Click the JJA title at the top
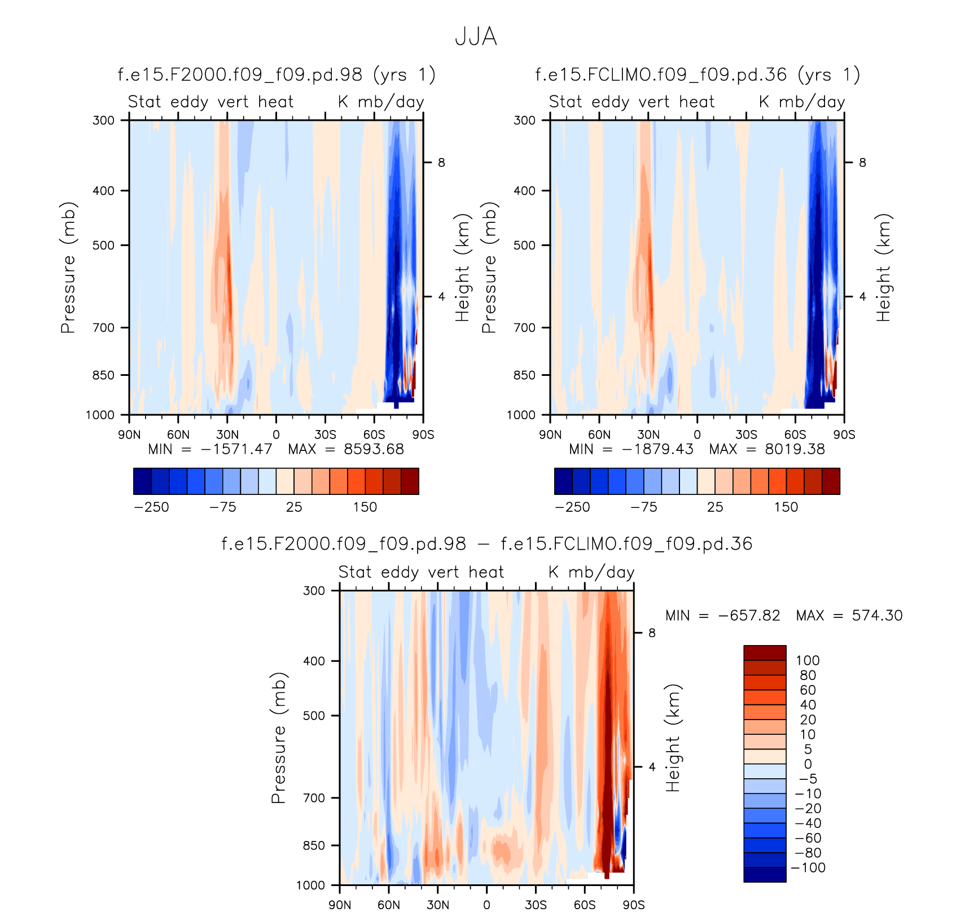click(476, 37)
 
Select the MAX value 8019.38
click(795, 449)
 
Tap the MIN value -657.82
click(749, 615)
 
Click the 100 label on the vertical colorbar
click(808, 661)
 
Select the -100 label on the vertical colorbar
click(808, 868)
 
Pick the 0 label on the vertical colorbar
click(808, 764)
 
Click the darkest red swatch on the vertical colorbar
click(765, 653)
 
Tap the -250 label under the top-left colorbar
click(151, 507)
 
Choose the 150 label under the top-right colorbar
click(786, 507)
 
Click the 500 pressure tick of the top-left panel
click(103, 245)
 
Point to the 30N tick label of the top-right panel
click(648, 435)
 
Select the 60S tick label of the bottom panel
click(585, 905)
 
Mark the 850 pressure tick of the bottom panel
click(314, 845)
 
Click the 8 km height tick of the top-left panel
click(441, 163)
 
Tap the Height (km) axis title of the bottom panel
click(673, 738)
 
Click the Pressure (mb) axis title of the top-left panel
click(68, 268)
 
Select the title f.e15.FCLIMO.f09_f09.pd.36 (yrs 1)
click(698, 74)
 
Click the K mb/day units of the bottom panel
click(591, 572)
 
